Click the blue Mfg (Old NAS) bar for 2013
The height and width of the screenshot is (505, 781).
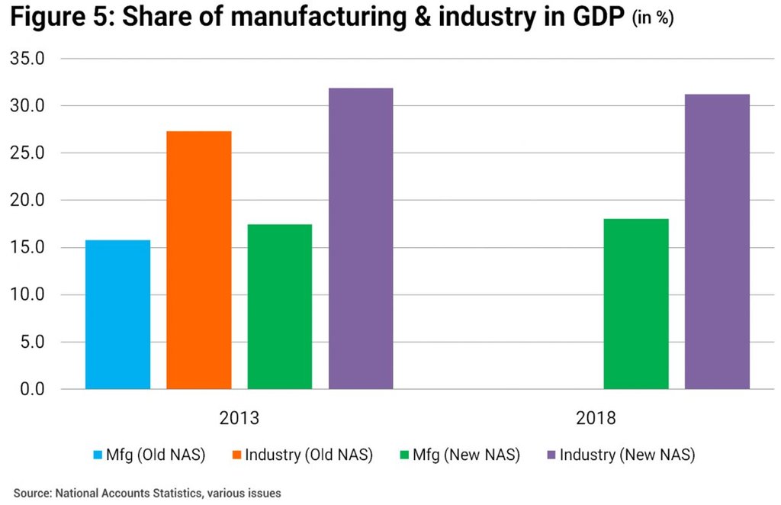click(x=117, y=314)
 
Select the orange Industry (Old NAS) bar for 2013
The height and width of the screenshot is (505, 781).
click(x=198, y=260)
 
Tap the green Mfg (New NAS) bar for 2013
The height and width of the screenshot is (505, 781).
click(x=280, y=307)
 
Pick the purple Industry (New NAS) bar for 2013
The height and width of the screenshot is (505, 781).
click(x=361, y=239)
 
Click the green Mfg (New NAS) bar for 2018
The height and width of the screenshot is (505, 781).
click(x=636, y=304)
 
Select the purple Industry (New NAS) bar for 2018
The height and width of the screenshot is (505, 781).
click(x=717, y=242)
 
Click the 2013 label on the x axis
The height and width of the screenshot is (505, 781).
click(x=239, y=419)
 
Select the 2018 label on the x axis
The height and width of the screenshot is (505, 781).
click(x=596, y=419)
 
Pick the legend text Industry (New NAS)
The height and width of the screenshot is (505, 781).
click(x=627, y=455)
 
